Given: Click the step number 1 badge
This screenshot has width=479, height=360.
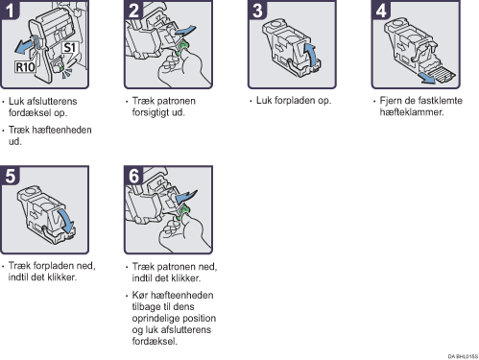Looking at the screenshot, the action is coord(10,10).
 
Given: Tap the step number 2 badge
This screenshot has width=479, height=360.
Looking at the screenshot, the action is coord(133,10).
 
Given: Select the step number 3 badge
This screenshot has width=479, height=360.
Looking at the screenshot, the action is coord(257,10).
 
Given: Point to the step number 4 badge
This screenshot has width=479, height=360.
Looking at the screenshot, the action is coord(381,10).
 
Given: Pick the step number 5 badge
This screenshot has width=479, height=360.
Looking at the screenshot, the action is coord(10,176).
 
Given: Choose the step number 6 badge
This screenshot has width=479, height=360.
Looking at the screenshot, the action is coord(133,176).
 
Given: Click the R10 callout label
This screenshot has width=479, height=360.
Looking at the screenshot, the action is coord(25,67).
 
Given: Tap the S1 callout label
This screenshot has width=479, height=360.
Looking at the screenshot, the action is coord(70,48).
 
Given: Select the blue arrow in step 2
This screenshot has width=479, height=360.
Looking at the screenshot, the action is coord(185,31).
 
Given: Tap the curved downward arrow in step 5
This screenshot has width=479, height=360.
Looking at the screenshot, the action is coord(66,221).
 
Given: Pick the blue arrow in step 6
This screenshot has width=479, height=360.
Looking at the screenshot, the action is coord(187,196).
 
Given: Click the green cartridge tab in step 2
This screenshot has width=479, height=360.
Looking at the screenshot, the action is coord(183,47).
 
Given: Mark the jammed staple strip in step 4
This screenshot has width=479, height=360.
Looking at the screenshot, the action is coord(443,75).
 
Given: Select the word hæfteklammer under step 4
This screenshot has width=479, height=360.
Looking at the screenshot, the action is coord(411,112).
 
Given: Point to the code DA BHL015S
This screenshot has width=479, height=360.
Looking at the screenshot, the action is coord(463,356).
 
